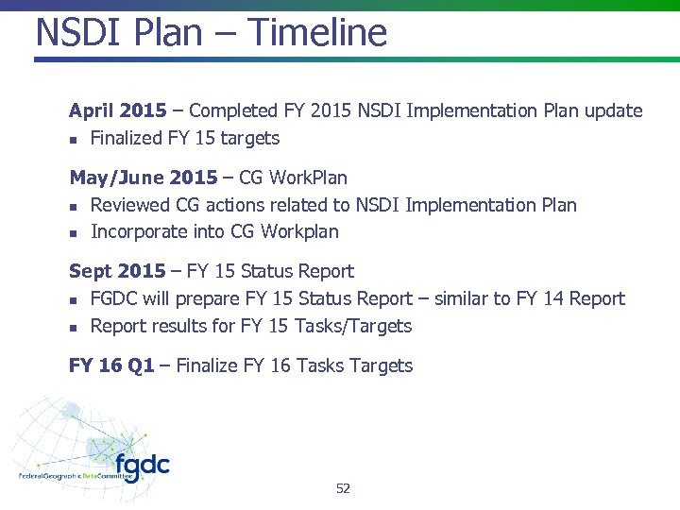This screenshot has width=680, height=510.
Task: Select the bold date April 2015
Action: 118,110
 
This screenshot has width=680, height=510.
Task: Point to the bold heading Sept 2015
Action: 117,271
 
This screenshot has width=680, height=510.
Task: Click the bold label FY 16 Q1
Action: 111,365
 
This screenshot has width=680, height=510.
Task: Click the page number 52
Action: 343,488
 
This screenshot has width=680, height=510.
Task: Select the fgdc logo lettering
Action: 143,466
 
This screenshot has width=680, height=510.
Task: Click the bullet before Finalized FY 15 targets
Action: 74,140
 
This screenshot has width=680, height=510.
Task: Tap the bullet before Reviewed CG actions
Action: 74,206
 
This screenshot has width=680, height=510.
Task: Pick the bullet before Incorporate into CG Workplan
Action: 74,232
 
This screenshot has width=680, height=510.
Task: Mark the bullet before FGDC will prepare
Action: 74,300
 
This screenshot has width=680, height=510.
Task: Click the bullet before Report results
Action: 74,327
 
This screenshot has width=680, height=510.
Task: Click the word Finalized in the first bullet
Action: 127,138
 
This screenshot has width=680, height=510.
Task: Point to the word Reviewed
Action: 130,205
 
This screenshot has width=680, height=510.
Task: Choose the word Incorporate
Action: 139,231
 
